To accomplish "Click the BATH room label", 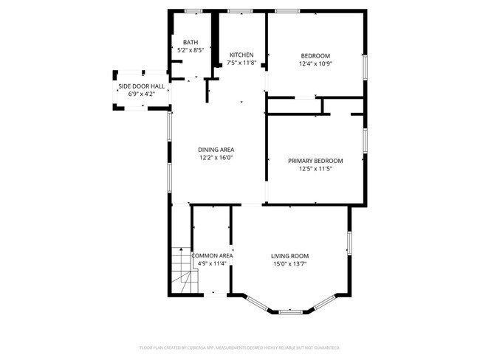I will [x=191, y=42].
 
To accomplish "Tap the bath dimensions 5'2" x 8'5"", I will [x=191, y=50].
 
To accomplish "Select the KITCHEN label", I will [x=241, y=55].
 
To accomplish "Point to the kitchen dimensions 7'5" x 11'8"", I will [x=241, y=63].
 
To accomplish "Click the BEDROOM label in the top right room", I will [x=315, y=56].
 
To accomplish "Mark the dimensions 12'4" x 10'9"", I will [x=315, y=64].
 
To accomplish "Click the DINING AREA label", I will [x=216, y=150].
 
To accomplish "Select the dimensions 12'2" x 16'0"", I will [x=216, y=158].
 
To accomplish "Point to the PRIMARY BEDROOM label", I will [x=315, y=161].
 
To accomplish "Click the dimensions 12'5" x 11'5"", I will [x=315, y=169].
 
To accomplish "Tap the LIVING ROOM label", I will [x=289, y=255].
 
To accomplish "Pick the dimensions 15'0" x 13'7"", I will [x=289, y=263].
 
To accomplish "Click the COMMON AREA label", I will [x=213, y=255].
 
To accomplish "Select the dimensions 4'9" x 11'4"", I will [x=213, y=263].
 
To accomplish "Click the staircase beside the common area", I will [x=182, y=269].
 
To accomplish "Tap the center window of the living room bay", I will [x=289, y=311].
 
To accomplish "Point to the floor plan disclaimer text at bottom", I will [x=240, y=346].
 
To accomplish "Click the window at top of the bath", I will [x=193, y=11].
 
